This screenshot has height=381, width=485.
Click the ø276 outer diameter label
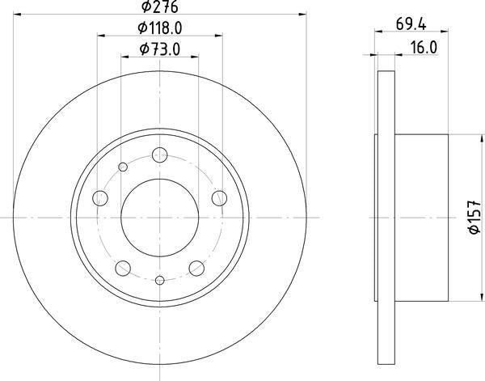pos(160,7)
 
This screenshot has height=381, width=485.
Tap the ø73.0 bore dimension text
pos(160,49)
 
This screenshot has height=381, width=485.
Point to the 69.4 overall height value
pos(411,24)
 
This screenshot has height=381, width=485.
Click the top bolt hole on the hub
pos(160,155)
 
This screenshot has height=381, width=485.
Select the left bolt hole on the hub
pos(101,197)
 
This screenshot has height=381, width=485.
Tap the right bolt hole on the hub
pos(218,197)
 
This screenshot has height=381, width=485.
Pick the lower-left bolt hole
pos(124,267)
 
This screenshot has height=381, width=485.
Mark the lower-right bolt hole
pos(196,267)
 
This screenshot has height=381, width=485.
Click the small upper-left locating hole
pos(123,167)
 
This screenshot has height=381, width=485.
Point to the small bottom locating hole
pos(160,281)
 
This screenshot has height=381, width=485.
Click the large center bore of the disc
pos(160,217)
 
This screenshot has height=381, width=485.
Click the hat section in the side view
pos(420,217)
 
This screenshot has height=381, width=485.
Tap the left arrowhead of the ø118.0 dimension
pos(101,35)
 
